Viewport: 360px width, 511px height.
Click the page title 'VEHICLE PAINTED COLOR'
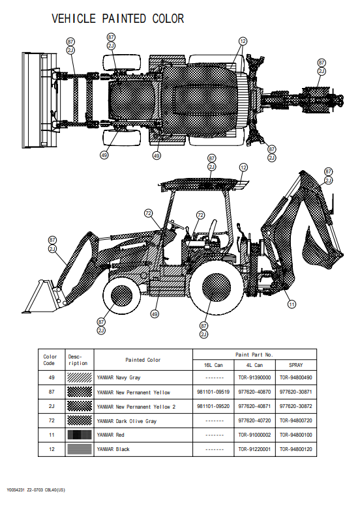(117, 18)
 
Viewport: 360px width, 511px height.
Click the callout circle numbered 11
(292, 304)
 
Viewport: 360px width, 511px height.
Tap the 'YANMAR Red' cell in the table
(111, 435)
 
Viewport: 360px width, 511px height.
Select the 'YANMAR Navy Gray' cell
(119, 377)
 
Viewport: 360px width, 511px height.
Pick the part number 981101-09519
(213, 392)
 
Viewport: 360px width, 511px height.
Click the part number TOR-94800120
(296, 449)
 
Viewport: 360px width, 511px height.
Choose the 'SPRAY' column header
(296, 365)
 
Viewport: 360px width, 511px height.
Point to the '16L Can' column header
(213, 365)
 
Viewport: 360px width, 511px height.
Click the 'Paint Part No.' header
(254, 355)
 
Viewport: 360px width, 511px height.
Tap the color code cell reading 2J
(52, 406)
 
